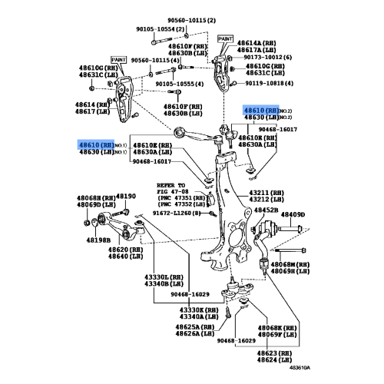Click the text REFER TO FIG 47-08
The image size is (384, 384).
(171, 190)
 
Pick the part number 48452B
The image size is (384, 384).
(266, 209)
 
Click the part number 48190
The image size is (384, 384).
(125, 197)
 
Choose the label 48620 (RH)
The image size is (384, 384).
(123, 250)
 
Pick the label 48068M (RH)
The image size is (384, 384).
(290, 264)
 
